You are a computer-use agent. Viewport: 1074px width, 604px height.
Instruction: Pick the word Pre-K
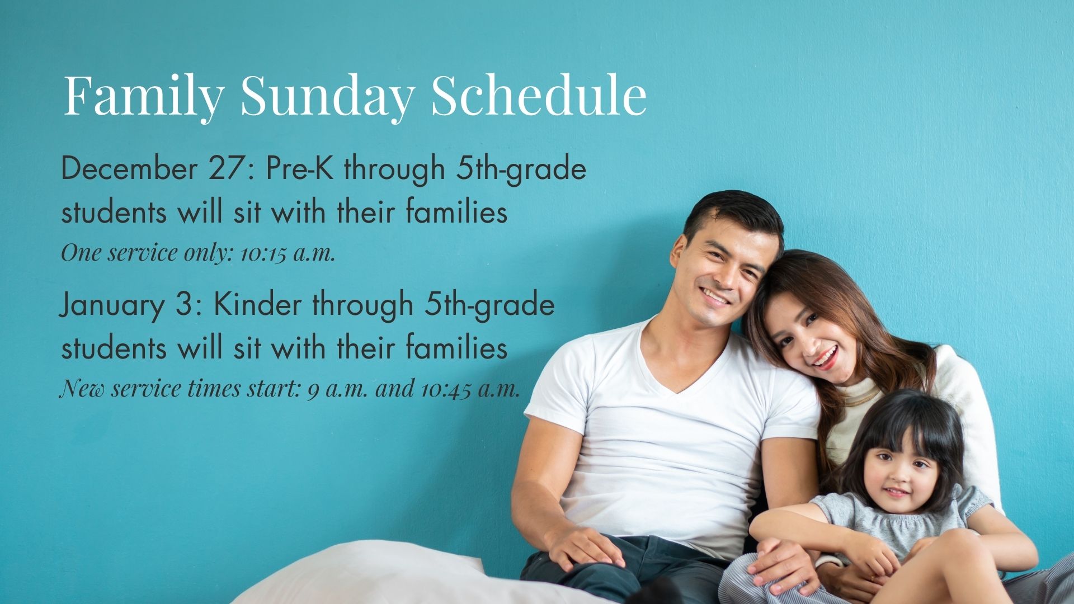(x=300, y=168)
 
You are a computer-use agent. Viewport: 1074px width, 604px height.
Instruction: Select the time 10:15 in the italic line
(x=263, y=253)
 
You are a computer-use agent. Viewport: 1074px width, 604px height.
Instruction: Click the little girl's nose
(x=895, y=478)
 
